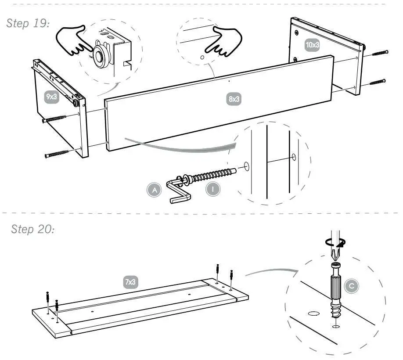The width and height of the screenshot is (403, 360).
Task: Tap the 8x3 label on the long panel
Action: pos(234,99)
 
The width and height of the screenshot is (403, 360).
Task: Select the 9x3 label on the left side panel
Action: pos(51,97)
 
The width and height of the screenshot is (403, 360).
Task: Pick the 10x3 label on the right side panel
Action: pos(312,45)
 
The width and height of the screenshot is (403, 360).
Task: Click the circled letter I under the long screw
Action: pos(213,190)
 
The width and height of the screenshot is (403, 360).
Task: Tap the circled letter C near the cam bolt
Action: pos(351,286)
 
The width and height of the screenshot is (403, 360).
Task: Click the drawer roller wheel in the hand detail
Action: pos(101,57)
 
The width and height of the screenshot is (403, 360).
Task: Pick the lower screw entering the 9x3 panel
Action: pos(57,154)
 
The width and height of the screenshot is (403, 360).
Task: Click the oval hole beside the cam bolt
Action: pos(314,313)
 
